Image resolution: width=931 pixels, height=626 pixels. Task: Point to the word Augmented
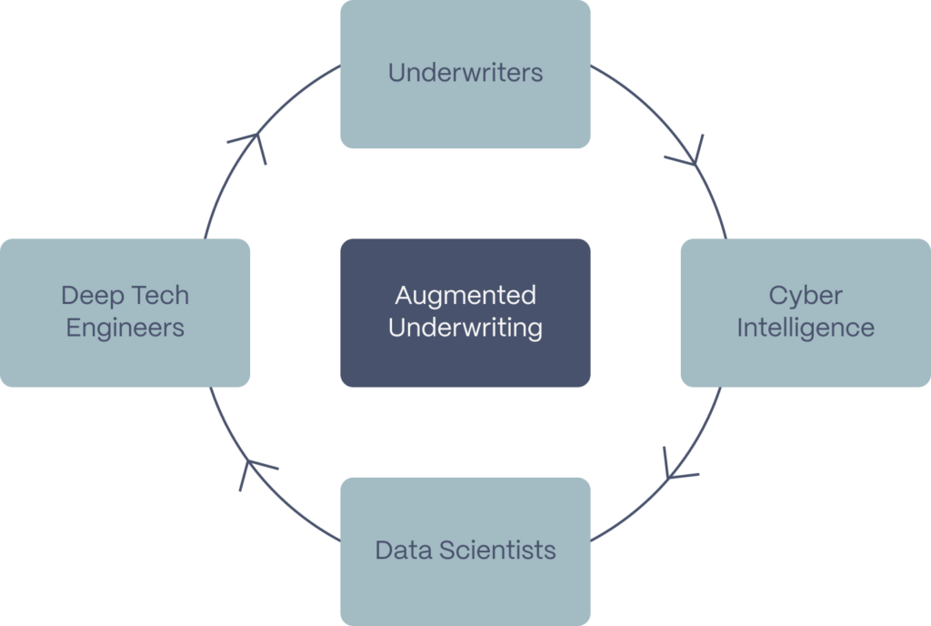point(465,296)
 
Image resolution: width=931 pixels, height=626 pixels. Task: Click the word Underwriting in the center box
point(465,328)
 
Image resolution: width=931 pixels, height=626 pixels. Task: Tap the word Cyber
point(806,296)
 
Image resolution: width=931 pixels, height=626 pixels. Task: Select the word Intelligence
point(806,328)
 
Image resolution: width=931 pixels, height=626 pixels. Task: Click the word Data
point(403,550)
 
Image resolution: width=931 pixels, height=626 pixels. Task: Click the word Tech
point(160,296)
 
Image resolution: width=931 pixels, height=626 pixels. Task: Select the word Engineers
point(125,328)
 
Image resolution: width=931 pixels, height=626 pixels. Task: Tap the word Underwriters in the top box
point(465,73)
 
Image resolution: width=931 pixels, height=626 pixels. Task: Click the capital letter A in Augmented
point(403,296)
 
